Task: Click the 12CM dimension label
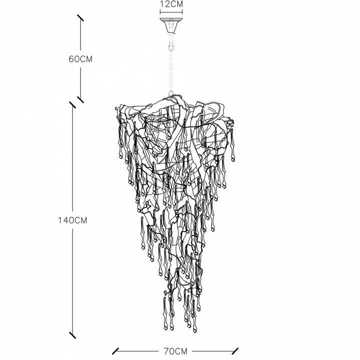(x=171, y=4)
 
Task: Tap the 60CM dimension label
(x=80, y=59)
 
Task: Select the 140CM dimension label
(x=72, y=220)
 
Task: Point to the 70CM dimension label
(x=175, y=351)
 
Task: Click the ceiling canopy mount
(x=171, y=25)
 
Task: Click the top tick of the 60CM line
(x=80, y=18)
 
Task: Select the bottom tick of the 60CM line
(x=80, y=99)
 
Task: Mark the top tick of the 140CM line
(x=72, y=104)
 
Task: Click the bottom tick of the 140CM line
(x=72, y=335)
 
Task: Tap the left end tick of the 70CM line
(x=115, y=351)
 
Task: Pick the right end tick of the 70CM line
(x=235, y=351)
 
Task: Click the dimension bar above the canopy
(x=171, y=11)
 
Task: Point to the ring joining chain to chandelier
(x=171, y=93)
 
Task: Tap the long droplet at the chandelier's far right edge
(x=233, y=145)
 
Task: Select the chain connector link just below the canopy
(x=171, y=45)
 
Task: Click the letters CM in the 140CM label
(x=81, y=220)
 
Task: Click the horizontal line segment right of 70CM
(x=213, y=351)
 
